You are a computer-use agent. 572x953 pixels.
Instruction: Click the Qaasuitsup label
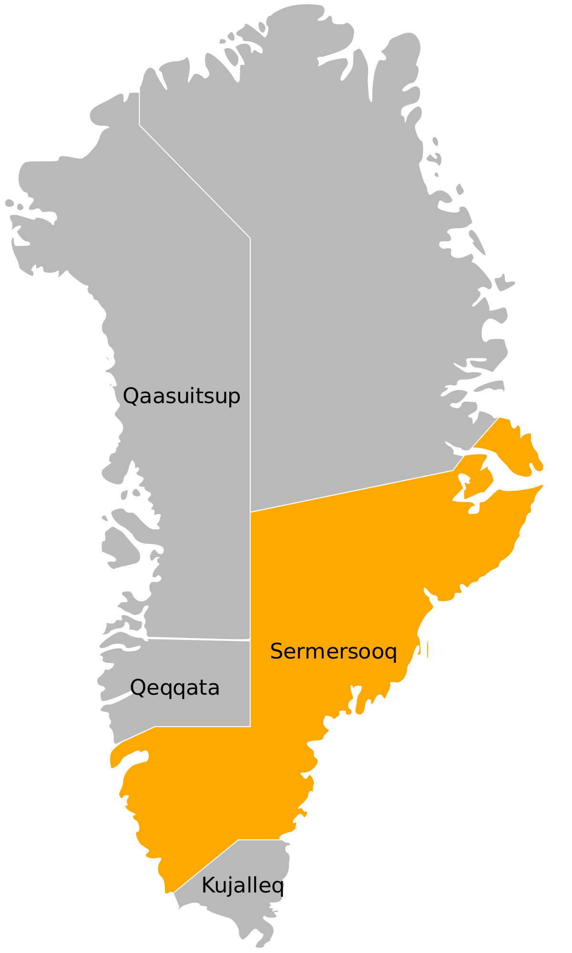(182, 396)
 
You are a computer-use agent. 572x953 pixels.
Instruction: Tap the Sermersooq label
(333, 651)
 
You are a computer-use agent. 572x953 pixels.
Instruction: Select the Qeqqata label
(175, 688)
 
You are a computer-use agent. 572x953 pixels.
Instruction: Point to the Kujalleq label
(243, 886)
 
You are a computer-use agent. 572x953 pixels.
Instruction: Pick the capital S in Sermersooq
(276, 651)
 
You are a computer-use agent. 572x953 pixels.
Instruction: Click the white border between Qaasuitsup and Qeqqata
(198, 639)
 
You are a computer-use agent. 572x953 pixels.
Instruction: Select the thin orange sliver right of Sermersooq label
(428, 650)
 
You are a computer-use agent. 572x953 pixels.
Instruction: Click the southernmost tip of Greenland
(261, 946)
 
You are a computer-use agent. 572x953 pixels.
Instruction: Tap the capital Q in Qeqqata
(137, 688)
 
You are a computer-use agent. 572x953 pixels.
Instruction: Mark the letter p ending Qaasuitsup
(235, 398)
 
